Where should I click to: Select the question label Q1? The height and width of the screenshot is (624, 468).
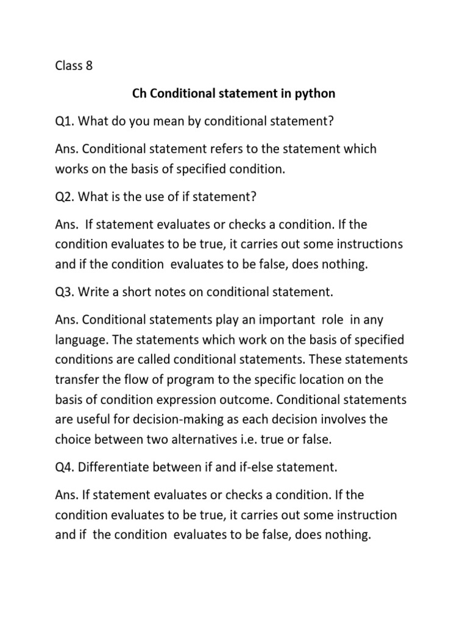click(x=65, y=121)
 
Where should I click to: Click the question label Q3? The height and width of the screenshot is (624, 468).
click(x=65, y=292)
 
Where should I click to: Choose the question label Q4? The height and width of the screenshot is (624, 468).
click(x=65, y=467)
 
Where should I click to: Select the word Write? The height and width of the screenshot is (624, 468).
click(x=97, y=292)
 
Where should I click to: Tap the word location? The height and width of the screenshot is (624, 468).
click(x=327, y=379)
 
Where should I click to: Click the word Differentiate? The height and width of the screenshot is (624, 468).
click(x=121, y=467)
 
